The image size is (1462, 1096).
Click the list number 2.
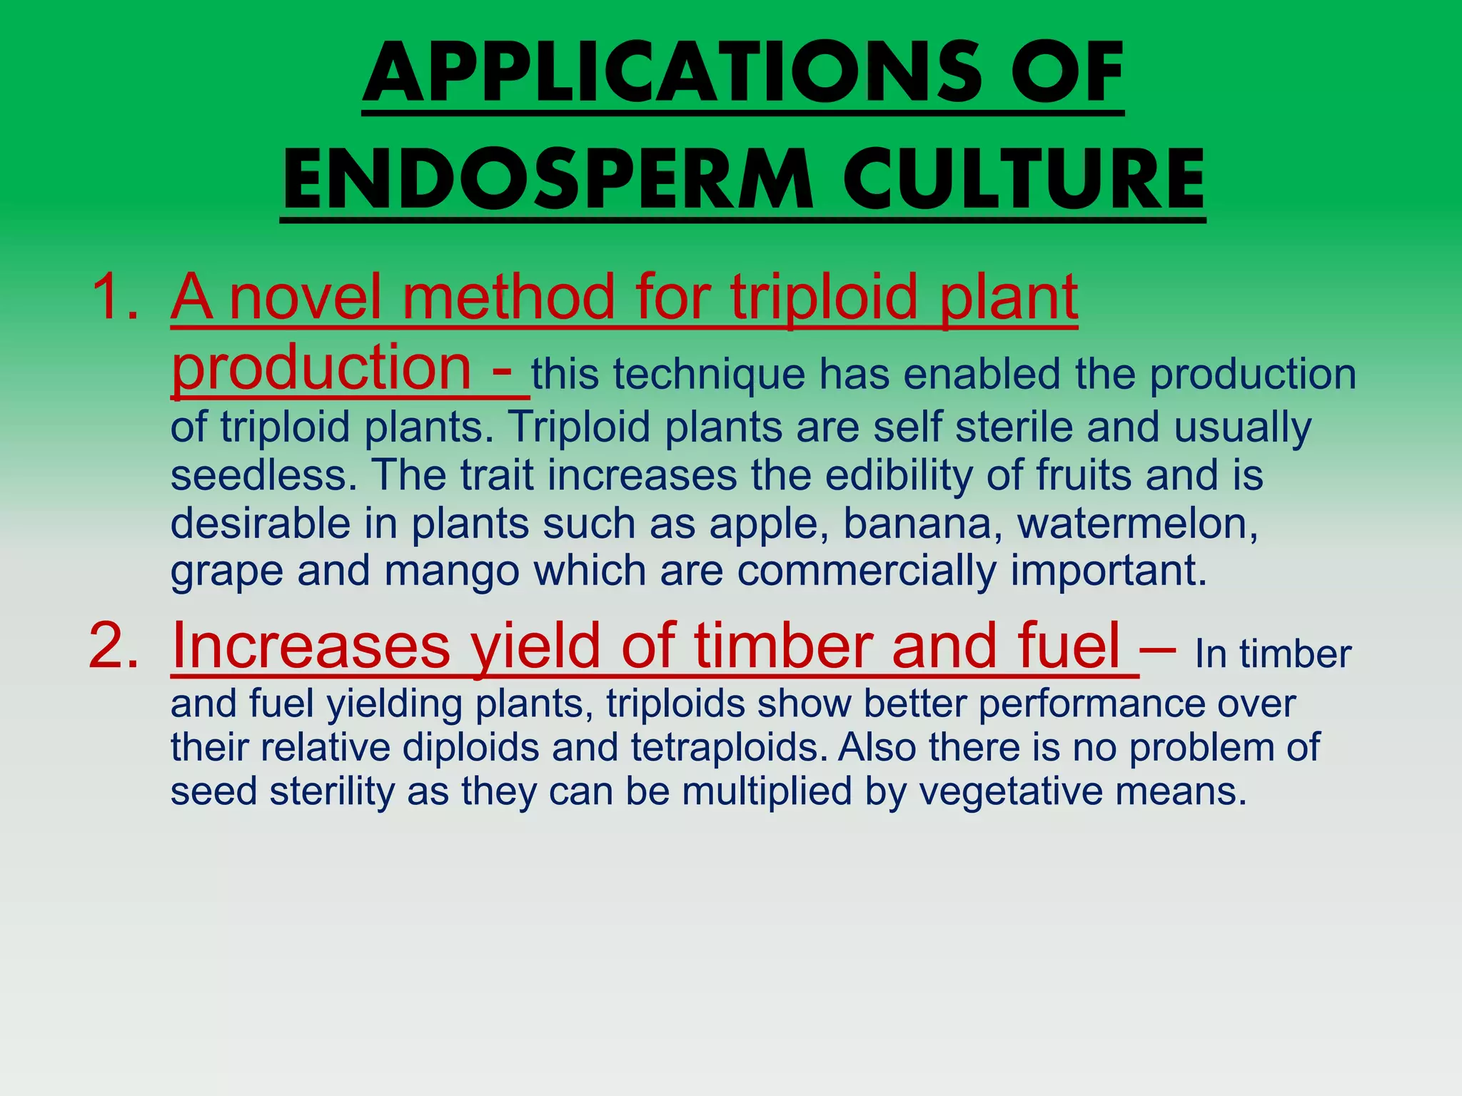click(114, 644)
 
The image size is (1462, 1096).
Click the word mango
click(451, 571)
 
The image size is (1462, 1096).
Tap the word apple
click(768, 524)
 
